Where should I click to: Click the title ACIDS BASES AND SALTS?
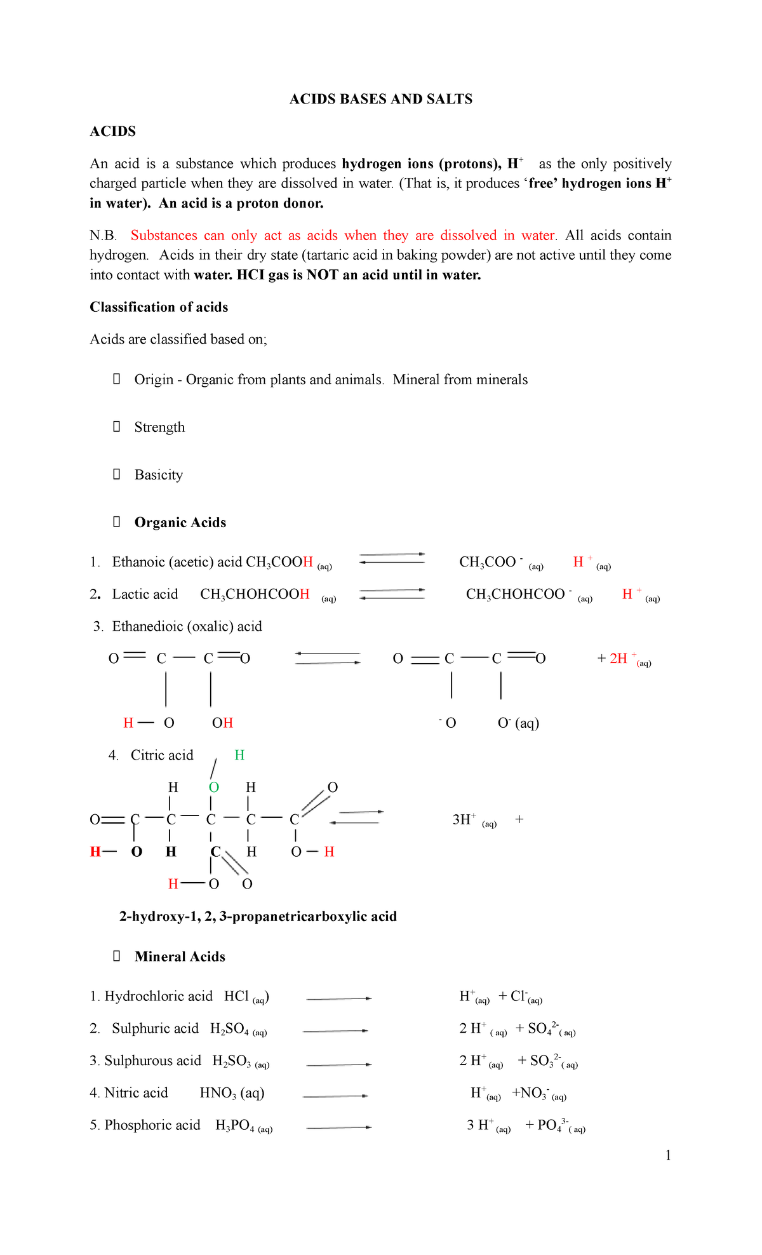tap(380, 99)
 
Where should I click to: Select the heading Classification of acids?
tap(159, 307)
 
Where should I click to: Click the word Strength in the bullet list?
tap(159, 427)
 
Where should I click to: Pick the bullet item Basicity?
tap(158, 475)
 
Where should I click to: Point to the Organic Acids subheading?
tap(180, 523)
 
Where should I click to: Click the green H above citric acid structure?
tap(239, 755)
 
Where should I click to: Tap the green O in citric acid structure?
tap(214, 788)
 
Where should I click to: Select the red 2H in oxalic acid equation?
tap(618, 659)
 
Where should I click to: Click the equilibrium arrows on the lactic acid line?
tap(392, 594)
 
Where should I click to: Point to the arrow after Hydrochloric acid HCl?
tap(338, 999)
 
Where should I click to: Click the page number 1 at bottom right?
tap(668, 1155)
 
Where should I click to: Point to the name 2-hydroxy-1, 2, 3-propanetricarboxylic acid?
tap(258, 916)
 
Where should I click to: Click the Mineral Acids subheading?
tap(180, 957)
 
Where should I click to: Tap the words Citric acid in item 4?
tap(162, 756)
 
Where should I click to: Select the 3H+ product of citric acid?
tap(464, 820)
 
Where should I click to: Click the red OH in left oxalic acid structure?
tap(222, 723)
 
